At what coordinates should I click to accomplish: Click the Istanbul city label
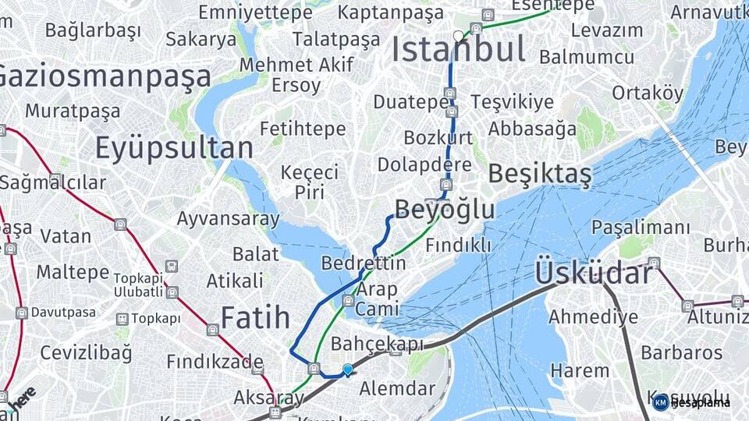pyautogui.click(x=458, y=50)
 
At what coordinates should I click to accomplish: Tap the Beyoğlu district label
pyautogui.click(x=445, y=209)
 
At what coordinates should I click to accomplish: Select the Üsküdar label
pyautogui.click(x=594, y=274)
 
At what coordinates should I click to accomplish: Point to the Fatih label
pyautogui.click(x=255, y=317)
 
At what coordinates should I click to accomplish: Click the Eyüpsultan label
pyautogui.click(x=174, y=148)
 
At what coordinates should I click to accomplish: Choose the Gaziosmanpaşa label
pyautogui.click(x=101, y=76)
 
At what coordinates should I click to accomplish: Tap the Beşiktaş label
pyautogui.click(x=540, y=175)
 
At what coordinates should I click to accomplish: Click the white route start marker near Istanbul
pyautogui.click(x=459, y=36)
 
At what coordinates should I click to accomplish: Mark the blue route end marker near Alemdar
pyautogui.click(x=347, y=370)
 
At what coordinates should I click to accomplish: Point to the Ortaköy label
pyautogui.click(x=647, y=93)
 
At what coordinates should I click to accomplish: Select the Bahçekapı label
pyautogui.click(x=378, y=344)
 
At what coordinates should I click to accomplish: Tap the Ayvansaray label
pyautogui.click(x=228, y=218)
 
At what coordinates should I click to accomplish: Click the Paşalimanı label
pyautogui.click(x=641, y=228)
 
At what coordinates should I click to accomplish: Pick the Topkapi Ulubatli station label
pyautogui.click(x=138, y=285)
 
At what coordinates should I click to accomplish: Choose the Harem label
pyautogui.click(x=580, y=370)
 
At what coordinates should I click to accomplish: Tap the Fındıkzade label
pyautogui.click(x=215, y=362)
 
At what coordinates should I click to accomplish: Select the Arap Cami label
pyautogui.click(x=377, y=299)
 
